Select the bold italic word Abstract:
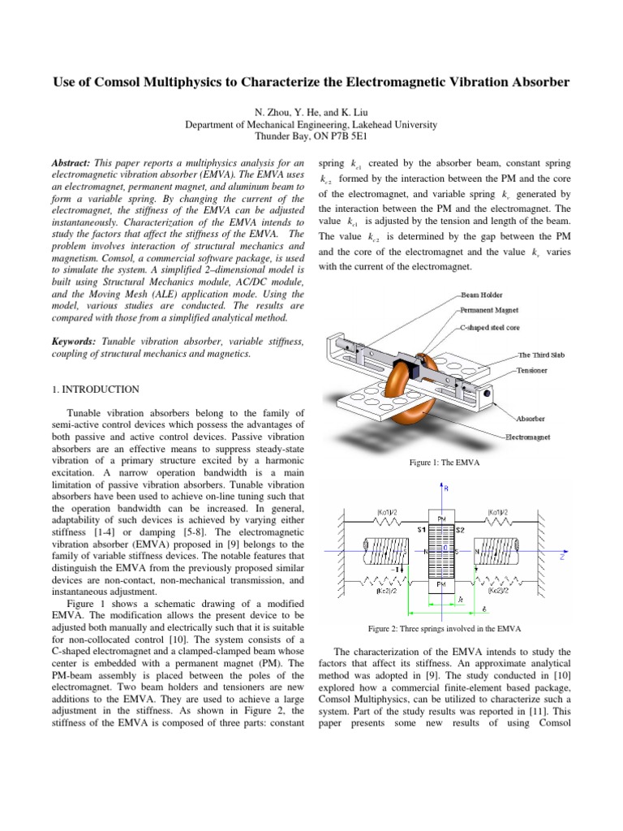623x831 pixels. click(x=75, y=162)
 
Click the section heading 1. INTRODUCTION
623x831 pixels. click(x=95, y=390)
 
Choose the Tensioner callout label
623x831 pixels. click(x=533, y=369)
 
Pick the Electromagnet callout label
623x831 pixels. click(x=531, y=436)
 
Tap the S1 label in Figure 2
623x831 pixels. click(x=422, y=529)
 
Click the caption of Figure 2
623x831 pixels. click(x=444, y=629)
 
